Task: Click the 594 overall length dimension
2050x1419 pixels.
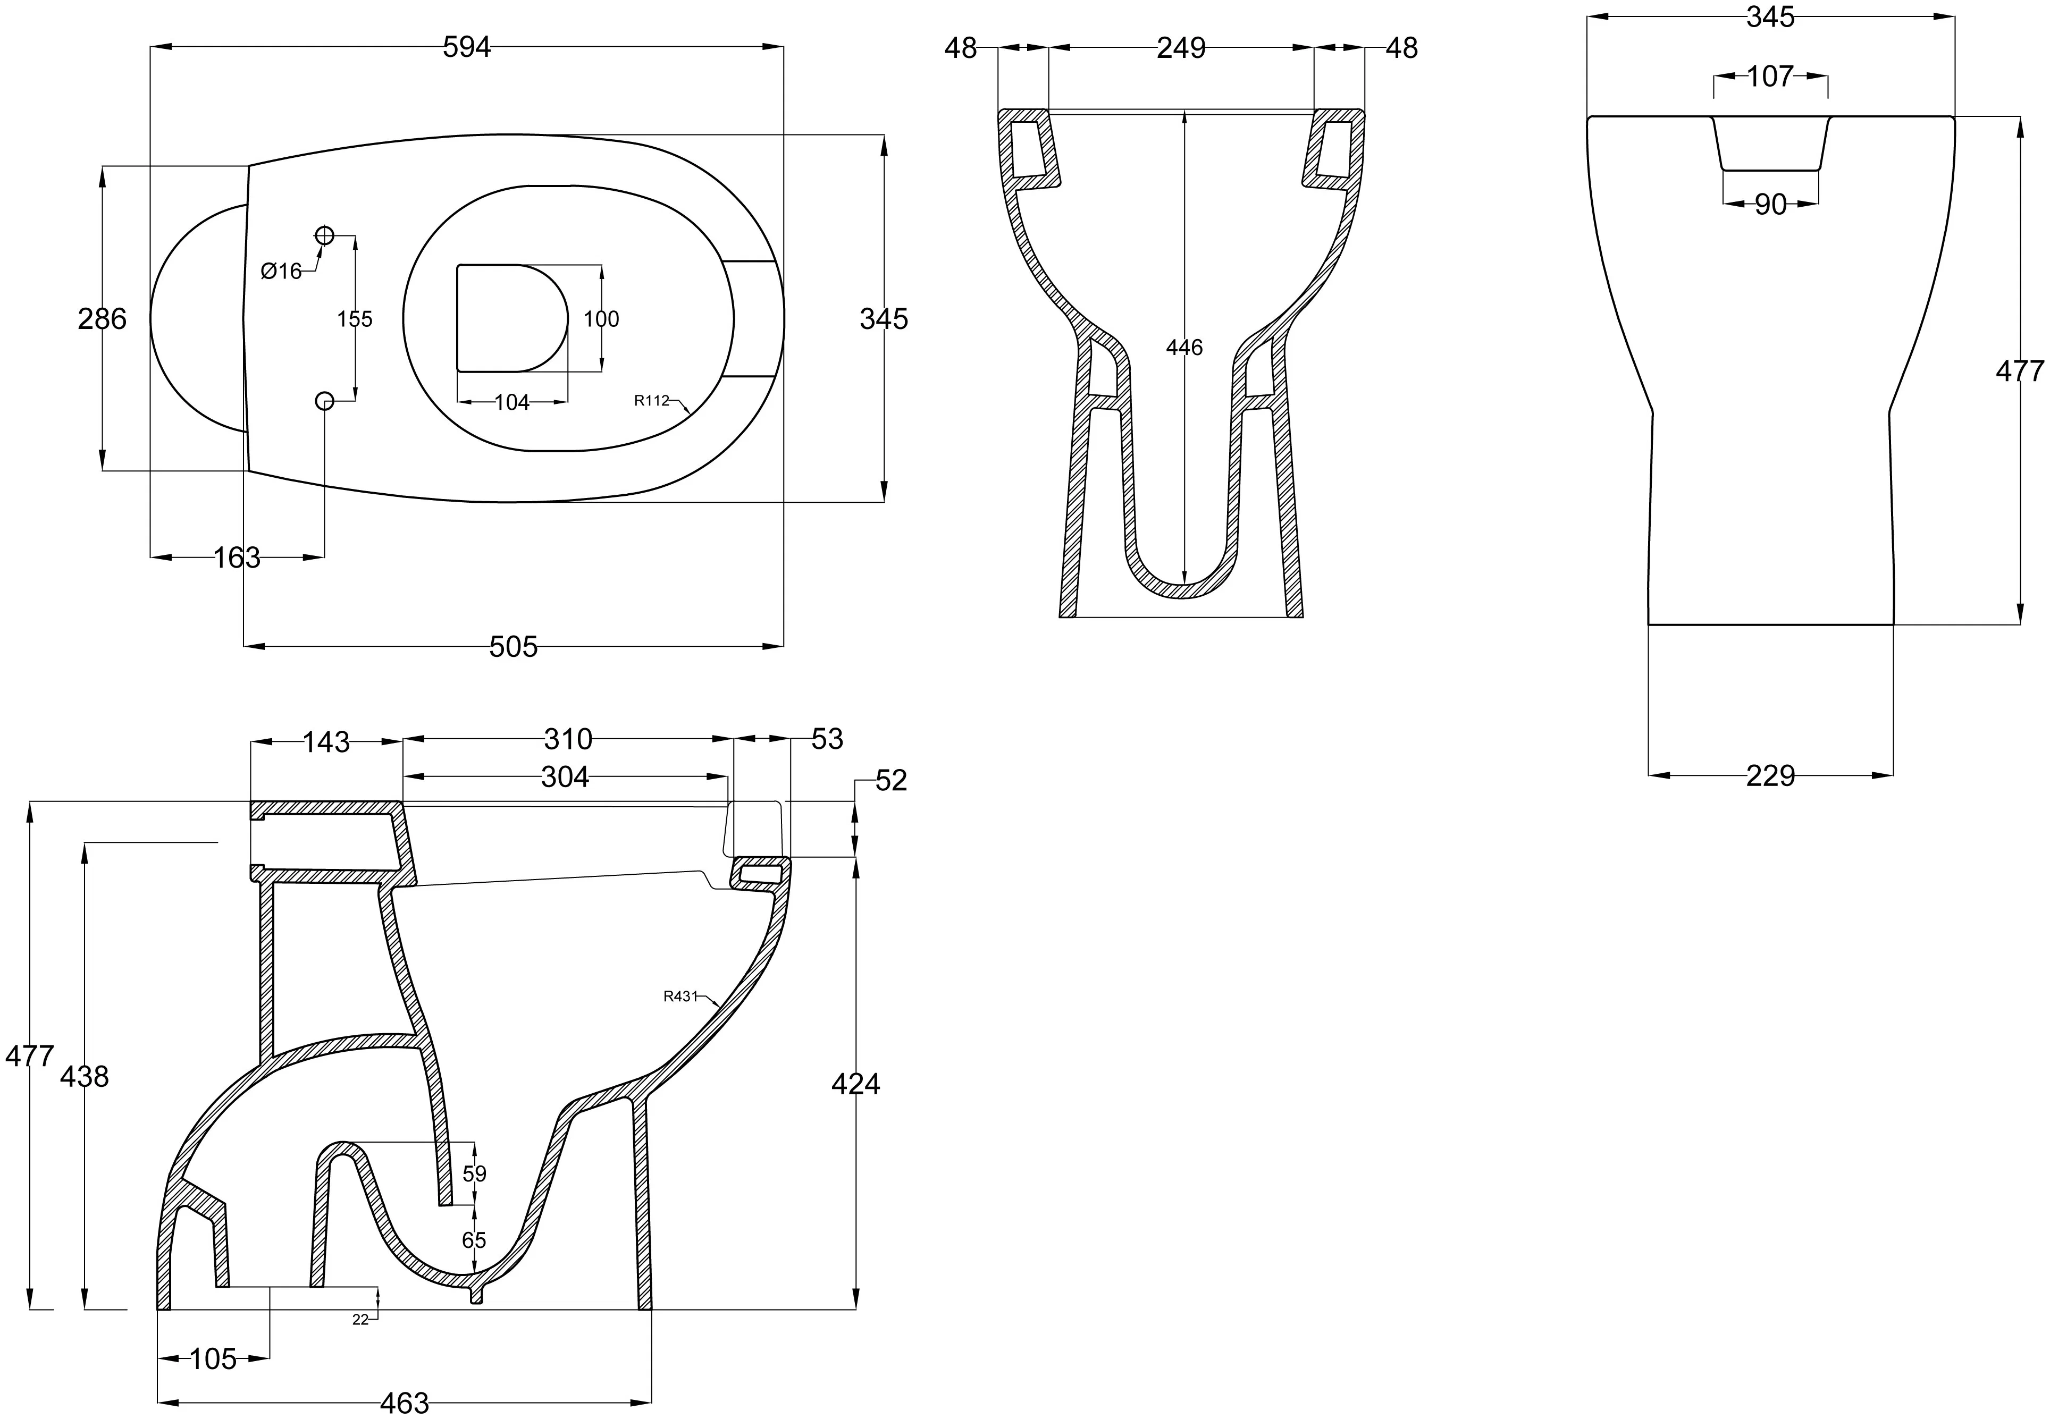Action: pos(467,48)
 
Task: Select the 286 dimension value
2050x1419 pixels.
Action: pos(102,318)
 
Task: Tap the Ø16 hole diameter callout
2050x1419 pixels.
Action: pos(282,271)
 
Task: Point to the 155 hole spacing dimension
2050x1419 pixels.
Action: pos(355,318)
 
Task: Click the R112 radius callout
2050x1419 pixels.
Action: pos(651,401)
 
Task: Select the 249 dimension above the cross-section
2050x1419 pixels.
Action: pos(1181,48)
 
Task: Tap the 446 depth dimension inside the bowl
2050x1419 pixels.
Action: pos(1184,348)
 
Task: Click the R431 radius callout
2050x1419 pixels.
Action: pos(680,996)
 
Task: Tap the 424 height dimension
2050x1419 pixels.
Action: pos(855,1084)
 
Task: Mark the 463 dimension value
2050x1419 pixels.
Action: pos(405,1403)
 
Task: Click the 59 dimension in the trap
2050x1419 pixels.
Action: pos(474,1173)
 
